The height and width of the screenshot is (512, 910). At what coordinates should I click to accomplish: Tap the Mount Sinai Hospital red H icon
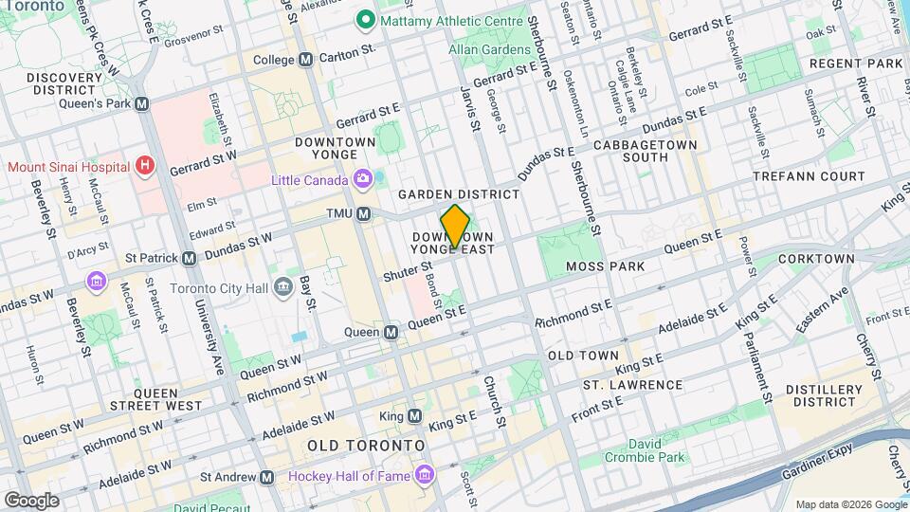144,166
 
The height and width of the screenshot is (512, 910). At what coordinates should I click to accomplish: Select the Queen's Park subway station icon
141,103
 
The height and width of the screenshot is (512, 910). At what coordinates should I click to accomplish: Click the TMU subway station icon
363,214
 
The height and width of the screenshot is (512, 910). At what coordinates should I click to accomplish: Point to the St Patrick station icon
189,257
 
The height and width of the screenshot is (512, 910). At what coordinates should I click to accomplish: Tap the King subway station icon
414,416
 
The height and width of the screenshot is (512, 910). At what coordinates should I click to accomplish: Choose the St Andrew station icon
267,477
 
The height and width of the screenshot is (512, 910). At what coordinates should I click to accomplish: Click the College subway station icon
305,59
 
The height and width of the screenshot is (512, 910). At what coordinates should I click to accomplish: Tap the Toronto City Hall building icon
282,287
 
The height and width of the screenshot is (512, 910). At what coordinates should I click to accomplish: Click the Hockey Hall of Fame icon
425,473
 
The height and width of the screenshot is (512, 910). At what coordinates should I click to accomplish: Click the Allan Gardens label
490,49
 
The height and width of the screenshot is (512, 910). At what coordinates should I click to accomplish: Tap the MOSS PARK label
605,266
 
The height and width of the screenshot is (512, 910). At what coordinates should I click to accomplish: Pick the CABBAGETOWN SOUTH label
646,151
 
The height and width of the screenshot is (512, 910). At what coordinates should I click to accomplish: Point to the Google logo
31,500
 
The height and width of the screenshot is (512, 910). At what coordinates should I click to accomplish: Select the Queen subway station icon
391,332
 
